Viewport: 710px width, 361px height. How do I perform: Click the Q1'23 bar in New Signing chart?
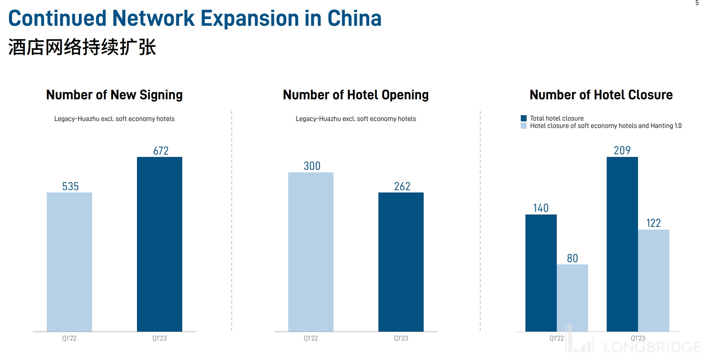[159, 244]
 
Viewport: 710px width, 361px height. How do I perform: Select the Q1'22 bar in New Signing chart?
[69, 262]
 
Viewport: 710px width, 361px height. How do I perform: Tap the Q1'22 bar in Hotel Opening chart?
[311, 252]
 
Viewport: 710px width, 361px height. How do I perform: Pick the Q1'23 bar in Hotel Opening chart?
[401, 262]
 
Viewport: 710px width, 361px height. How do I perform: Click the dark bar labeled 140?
[541, 272]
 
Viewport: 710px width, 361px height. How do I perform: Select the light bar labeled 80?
[572, 298]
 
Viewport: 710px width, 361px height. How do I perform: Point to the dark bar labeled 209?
[622, 244]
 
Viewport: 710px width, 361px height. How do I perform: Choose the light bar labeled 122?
[654, 280]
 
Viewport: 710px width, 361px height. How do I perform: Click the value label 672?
[161, 151]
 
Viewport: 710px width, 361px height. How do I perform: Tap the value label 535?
[70, 186]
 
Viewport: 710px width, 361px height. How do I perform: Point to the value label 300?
[312, 166]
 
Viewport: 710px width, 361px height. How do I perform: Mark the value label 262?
[402, 186]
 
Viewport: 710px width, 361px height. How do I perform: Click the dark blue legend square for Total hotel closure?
[524, 118]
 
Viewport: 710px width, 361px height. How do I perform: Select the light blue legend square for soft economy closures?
[524, 126]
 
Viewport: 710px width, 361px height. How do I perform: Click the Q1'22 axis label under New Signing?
[69, 338]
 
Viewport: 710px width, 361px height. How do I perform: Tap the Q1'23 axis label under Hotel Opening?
[401, 338]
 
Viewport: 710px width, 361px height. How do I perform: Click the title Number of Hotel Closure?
[601, 95]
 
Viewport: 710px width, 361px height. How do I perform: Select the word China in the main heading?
[354, 18]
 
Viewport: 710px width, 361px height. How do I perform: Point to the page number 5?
[697, 3]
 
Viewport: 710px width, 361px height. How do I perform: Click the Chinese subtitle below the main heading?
[82, 47]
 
